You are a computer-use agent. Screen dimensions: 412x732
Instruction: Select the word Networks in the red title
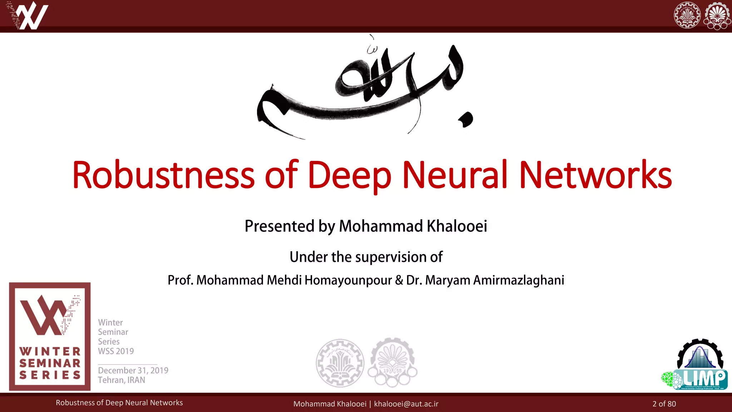coord(595,175)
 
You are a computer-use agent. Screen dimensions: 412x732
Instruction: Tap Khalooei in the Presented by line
coord(457,226)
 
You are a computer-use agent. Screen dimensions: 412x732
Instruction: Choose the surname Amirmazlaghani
coord(519,280)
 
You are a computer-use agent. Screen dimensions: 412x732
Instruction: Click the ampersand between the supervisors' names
coord(399,280)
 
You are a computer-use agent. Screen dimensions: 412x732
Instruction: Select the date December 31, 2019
coord(133,370)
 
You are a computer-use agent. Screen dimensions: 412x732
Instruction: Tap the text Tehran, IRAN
coord(122,380)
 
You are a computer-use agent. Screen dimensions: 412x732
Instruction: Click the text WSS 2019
coord(116,351)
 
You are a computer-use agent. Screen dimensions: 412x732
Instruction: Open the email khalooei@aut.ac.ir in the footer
coord(406,404)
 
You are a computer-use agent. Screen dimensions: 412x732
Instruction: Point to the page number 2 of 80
coord(664,404)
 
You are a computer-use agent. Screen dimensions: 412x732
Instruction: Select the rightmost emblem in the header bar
coord(717,16)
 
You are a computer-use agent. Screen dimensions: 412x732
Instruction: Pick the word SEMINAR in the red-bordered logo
coord(50,363)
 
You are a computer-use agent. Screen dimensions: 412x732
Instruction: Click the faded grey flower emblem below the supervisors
coord(392,363)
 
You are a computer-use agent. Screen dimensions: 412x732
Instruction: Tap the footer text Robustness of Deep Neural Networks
coord(119,403)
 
